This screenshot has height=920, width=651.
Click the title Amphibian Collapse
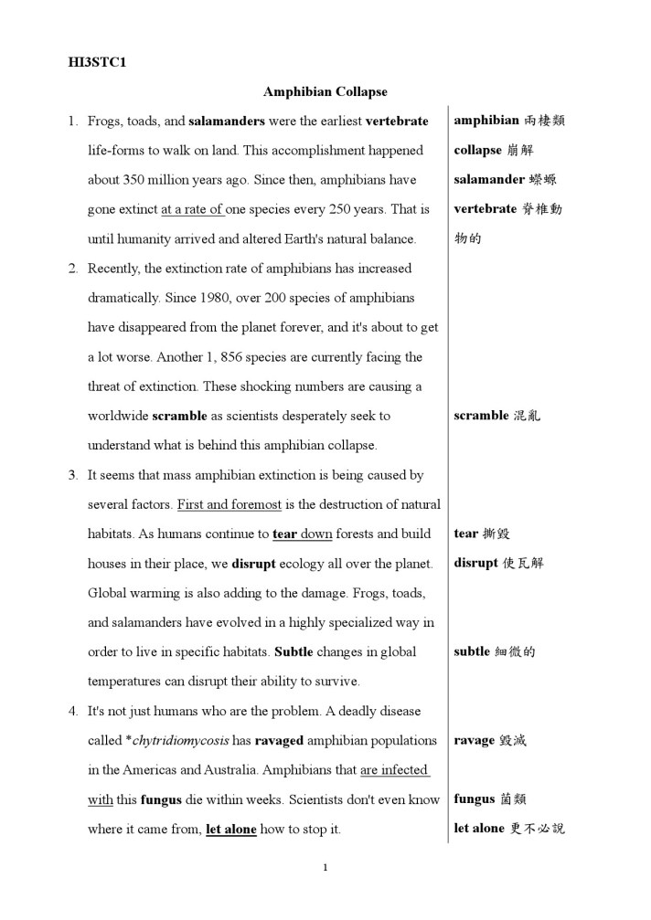tap(325, 91)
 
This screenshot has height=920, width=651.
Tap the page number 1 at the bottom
tap(325, 867)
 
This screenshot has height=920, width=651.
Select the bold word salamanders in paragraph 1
tap(227, 121)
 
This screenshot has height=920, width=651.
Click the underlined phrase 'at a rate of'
tap(193, 209)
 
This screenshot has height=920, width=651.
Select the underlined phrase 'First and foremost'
tap(230, 504)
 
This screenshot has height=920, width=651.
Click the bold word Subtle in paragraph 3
tap(293, 651)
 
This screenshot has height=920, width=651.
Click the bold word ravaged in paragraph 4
tap(278, 740)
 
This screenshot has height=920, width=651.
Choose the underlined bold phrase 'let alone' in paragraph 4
tap(231, 829)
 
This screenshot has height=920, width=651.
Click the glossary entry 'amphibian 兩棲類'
tap(508, 121)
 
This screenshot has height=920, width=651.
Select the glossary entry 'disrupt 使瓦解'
tap(498, 563)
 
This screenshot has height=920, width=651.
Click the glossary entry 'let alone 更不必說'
tap(508, 829)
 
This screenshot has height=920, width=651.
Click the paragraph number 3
tap(73, 475)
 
